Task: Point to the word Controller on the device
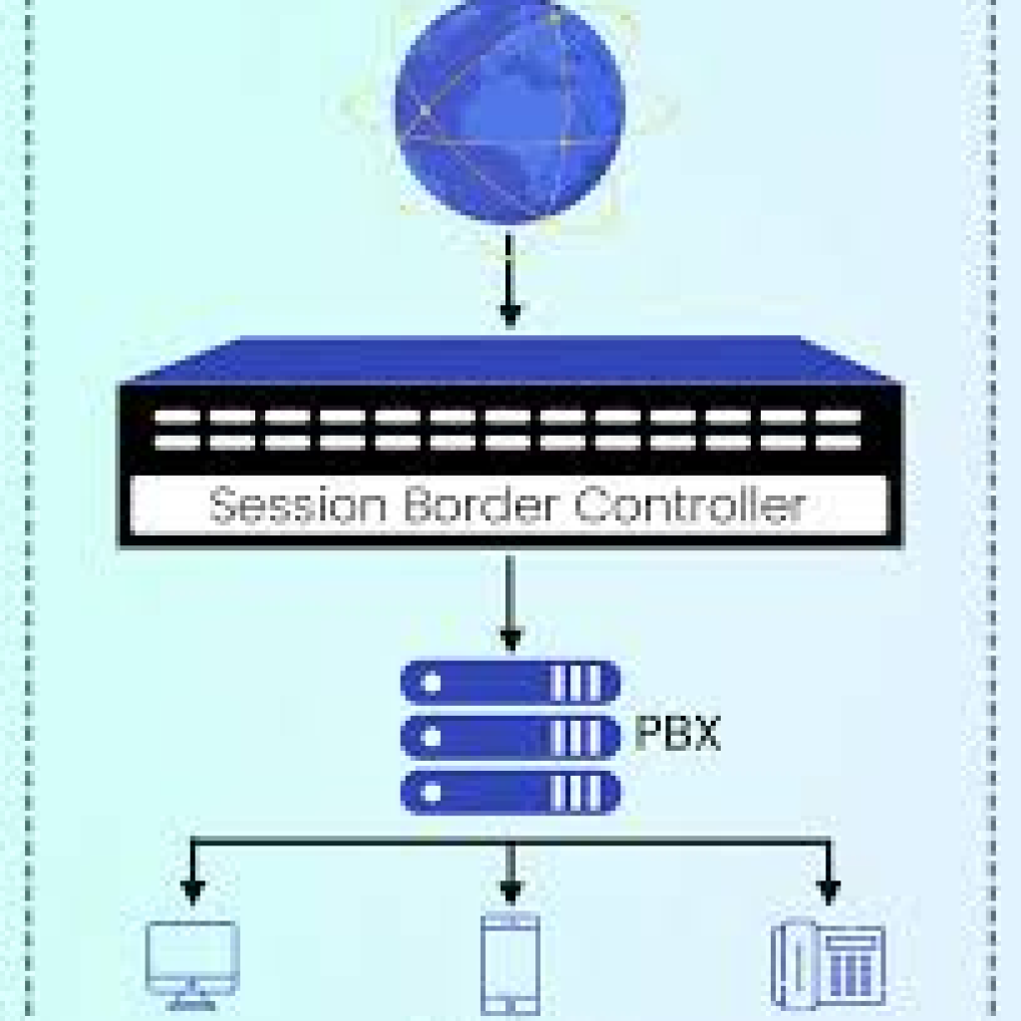[x=689, y=506]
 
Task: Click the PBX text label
[x=677, y=736]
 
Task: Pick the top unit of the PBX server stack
[x=510, y=683]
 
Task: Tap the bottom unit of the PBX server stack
[x=510, y=793]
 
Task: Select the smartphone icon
[x=510, y=962]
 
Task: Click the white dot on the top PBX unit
[x=432, y=684]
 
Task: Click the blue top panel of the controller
[x=510, y=360]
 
